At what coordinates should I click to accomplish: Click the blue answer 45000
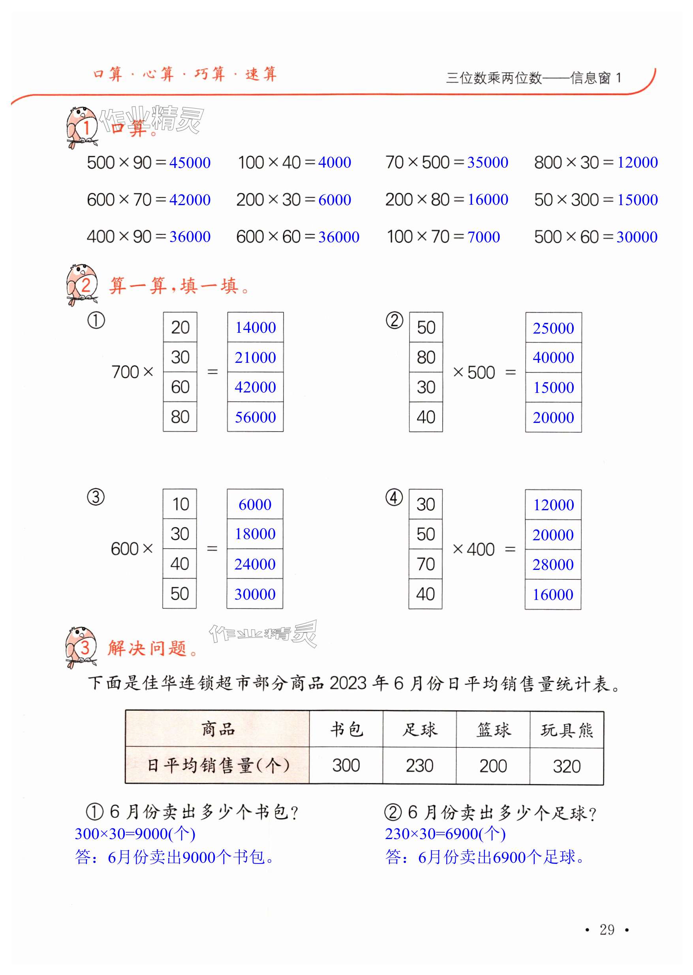point(190,163)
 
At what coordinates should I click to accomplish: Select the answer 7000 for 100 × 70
point(483,237)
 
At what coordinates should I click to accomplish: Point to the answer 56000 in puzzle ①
point(255,417)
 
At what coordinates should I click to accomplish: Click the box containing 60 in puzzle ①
point(180,387)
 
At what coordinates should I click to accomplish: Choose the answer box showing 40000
point(553,357)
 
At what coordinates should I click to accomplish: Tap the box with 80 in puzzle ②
point(426,357)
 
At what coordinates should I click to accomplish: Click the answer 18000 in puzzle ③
point(255,534)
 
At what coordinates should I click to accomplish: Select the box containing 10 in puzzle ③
point(180,504)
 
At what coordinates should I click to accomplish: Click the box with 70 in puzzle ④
point(425,564)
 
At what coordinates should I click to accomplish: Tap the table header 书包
point(346,730)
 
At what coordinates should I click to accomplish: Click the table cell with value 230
point(419,766)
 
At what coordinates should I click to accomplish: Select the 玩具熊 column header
point(566,730)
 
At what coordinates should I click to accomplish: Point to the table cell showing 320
point(566,766)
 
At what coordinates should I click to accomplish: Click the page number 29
point(607,930)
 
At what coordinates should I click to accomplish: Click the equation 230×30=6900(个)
point(445,833)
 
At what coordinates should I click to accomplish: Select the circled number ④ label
point(394,498)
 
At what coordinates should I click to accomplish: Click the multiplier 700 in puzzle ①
point(125,372)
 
